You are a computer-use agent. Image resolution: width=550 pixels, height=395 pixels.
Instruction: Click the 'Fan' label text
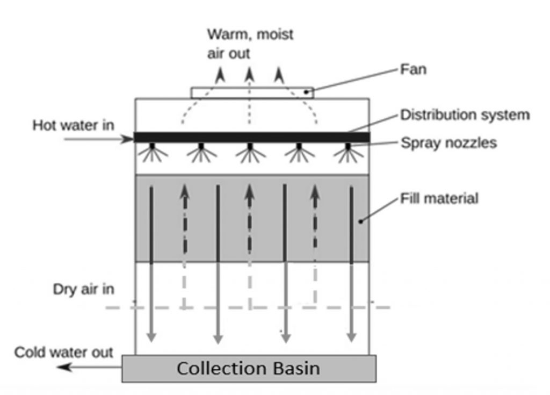point(413,69)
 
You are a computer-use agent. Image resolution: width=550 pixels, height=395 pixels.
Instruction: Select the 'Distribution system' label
point(465,115)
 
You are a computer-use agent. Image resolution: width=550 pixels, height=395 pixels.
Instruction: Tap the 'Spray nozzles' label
point(448,143)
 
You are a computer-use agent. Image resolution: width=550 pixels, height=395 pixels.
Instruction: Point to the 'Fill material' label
point(439,198)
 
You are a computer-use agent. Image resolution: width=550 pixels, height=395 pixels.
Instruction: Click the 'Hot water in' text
point(73,125)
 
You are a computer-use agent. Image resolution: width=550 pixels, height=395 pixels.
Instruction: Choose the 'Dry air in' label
point(83,289)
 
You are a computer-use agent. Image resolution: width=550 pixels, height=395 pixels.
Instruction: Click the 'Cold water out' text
point(63,353)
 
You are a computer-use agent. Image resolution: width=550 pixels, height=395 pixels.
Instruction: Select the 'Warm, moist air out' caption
point(250,44)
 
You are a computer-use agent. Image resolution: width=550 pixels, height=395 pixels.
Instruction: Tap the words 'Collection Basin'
point(248,369)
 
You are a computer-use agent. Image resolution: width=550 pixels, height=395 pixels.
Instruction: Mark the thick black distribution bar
point(251,137)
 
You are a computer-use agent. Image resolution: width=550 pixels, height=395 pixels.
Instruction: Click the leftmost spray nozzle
point(153,146)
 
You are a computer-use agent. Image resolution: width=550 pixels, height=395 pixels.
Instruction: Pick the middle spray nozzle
point(250,146)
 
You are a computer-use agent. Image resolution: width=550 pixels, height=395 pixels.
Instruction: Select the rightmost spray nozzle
point(348,146)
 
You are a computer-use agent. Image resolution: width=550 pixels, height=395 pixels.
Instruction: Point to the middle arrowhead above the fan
point(249,74)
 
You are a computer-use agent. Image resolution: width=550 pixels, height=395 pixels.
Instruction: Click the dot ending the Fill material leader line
point(360,220)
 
